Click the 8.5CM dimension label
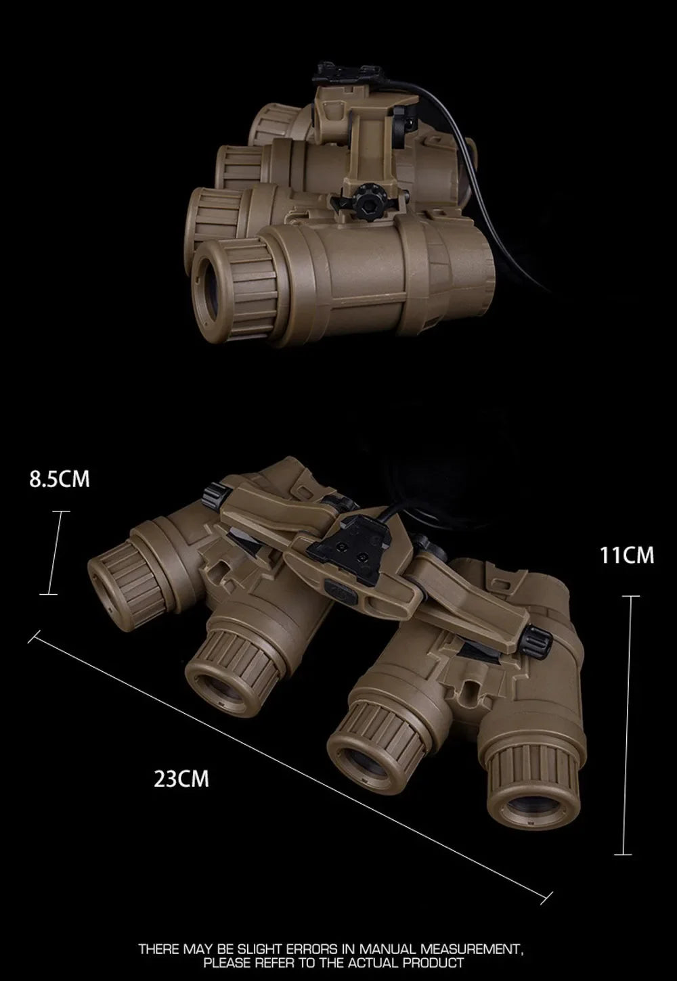pos(60,479)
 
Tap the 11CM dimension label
pos(626,555)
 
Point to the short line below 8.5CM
pos(53,552)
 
